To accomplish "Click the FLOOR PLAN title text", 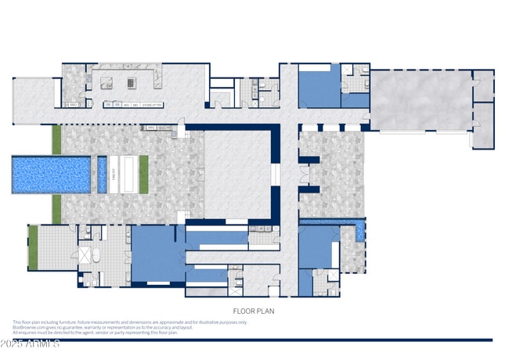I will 253,311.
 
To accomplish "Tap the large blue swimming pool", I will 51,175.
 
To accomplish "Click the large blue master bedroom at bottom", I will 157,254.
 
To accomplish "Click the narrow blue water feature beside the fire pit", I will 102,175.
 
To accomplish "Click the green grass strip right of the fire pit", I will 143,174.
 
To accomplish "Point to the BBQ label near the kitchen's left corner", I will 74,104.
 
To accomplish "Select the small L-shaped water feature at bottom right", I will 359,230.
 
